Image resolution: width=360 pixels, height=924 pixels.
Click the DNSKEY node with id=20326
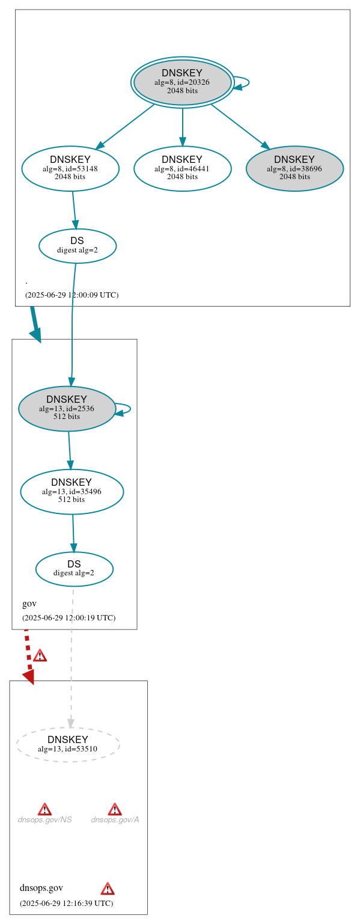182,82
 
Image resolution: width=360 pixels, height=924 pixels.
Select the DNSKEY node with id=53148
70,168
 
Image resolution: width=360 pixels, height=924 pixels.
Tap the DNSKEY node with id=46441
182,168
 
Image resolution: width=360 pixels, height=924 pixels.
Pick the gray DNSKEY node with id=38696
294,168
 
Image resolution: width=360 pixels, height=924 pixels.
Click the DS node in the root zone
77,245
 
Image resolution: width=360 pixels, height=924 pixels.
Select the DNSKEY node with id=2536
67,408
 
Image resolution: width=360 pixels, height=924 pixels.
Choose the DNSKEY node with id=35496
72,491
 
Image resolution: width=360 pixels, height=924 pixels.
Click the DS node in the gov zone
74,569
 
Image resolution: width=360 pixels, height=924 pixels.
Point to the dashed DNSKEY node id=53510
68,744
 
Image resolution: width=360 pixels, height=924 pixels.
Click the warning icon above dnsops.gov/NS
44,809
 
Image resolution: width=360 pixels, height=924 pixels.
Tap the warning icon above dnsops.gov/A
114,809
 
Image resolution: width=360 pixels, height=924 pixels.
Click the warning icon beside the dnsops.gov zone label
108,889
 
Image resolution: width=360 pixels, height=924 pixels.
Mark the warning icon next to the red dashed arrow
40,655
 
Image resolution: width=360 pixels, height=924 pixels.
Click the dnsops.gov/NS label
44,819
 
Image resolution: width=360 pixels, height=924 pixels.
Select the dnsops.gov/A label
115,819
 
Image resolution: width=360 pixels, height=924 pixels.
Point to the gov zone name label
29,604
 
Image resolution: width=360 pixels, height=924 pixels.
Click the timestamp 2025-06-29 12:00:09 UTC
72,295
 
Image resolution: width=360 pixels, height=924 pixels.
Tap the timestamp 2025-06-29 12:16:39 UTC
66,903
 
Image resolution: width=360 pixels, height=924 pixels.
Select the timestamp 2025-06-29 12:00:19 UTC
69,617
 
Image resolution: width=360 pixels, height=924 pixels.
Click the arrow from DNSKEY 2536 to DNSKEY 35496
69,450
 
